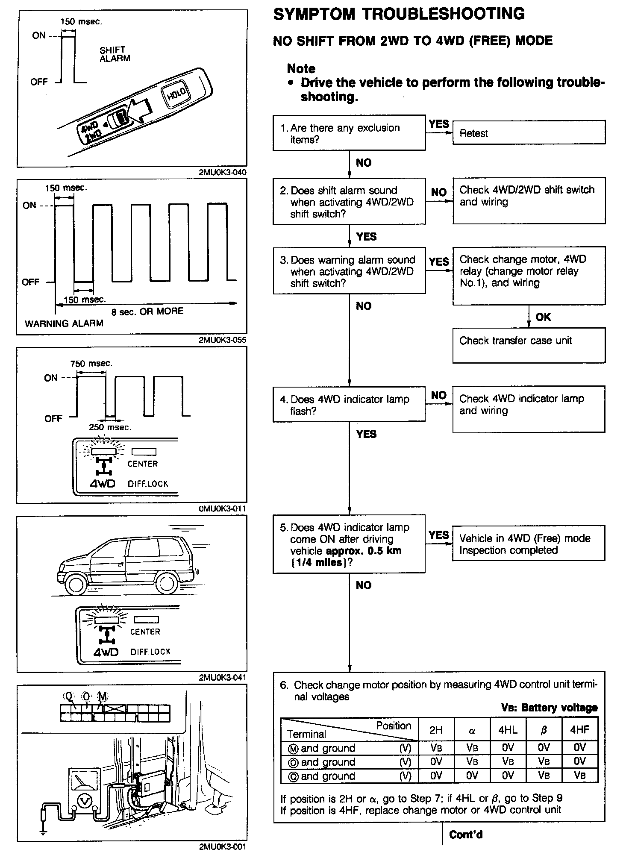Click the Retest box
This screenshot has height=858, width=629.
[529, 132]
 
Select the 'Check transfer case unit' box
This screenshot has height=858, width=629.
[529, 345]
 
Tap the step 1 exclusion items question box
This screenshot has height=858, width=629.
[349, 133]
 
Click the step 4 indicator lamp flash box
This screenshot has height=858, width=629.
[349, 404]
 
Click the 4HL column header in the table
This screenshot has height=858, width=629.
[508, 730]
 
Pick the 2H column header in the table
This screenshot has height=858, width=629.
[436, 730]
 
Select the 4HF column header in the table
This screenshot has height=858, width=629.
[579, 730]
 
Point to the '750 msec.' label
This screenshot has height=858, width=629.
[91, 364]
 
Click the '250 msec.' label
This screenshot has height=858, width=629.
[110, 427]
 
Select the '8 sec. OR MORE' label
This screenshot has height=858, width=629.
[147, 311]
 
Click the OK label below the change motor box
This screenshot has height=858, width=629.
[543, 317]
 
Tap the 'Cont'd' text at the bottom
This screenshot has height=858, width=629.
[465, 834]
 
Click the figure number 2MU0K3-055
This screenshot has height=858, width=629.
[222, 341]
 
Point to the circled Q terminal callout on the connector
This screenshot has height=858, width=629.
[68, 696]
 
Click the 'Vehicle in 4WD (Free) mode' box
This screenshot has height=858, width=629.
[529, 544]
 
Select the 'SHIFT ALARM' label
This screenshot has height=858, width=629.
[115, 54]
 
